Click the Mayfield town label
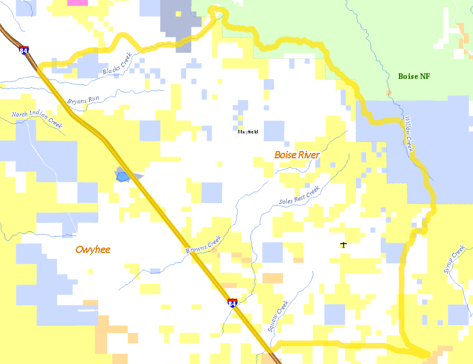click(x=247, y=132)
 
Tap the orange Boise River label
click(x=297, y=155)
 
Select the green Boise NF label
click(x=414, y=76)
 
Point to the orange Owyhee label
click(x=93, y=249)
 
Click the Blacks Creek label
click(x=117, y=64)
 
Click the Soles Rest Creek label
click(x=299, y=195)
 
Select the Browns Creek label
click(x=203, y=244)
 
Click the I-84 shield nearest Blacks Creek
click(x=24, y=51)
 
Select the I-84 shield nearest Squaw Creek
click(x=232, y=303)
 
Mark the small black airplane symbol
click(x=344, y=245)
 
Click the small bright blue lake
click(x=122, y=177)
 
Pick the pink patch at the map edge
click(x=77, y=2)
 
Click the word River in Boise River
click(x=308, y=155)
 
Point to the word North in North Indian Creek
click(x=19, y=114)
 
